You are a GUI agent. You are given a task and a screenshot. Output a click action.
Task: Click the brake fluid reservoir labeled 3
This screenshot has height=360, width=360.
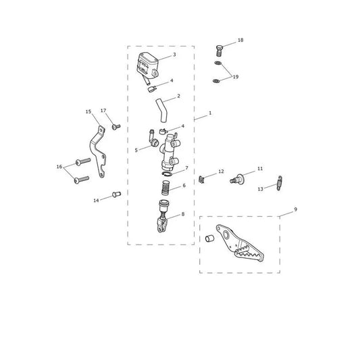pyautogui.click(x=147, y=64)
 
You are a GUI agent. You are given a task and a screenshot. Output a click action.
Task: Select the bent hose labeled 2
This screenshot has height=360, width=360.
pyautogui.click(x=161, y=111)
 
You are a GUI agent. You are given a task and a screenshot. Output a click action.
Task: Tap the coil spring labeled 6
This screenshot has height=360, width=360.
pyautogui.click(x=165, y=187)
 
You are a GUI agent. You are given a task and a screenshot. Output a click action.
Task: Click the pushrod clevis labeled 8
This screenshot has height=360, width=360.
pyautogui.click(x=162, y=216)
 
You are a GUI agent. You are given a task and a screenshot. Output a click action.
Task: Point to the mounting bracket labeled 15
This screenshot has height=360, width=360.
pyautogui.click(x=97, y=151)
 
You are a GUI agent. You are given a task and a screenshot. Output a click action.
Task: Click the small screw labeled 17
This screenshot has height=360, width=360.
pyautogui.click(x=116, y=126)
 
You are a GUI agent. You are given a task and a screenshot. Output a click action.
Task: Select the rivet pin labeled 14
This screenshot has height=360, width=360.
pyautogui.click(x=116, y=195)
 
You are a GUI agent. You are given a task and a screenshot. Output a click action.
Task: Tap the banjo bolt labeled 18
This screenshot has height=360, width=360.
pyautogui.click(x=220, y=51)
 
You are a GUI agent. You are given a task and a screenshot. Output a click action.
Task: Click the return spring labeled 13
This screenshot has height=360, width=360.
pyautogui.click(x=279, y=183)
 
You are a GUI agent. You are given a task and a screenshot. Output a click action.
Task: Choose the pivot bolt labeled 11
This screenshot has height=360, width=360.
pyautogui.click(x=238, y=178)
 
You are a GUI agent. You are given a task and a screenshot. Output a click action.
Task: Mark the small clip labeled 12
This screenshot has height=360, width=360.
pyautogui.click(x=201, y=180)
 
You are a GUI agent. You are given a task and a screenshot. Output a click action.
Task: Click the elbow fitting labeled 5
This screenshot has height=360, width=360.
pyautogui.click(x=153, y=139)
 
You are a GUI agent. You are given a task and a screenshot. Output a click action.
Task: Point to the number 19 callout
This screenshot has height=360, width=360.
pyautogui.click(x=236, y=77)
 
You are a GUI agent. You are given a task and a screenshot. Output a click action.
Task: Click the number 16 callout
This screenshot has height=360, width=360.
pyautogui.click(x=59, y=167)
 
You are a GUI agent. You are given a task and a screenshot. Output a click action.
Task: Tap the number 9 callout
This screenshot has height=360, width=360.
pyautogui.click(x=295, y=209)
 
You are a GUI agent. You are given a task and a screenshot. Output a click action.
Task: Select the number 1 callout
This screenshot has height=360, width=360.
pyautogui.click(x=210, y=113)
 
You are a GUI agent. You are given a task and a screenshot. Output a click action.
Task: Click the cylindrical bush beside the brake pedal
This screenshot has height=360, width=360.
pyautogui.click(x=209, y=238)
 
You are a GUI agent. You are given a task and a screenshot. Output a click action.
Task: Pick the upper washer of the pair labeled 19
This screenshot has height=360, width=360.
pyautogui.click(x=218, y=63)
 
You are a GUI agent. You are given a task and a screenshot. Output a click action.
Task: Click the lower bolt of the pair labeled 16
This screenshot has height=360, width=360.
pyautogui.click(x=82, y=180)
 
